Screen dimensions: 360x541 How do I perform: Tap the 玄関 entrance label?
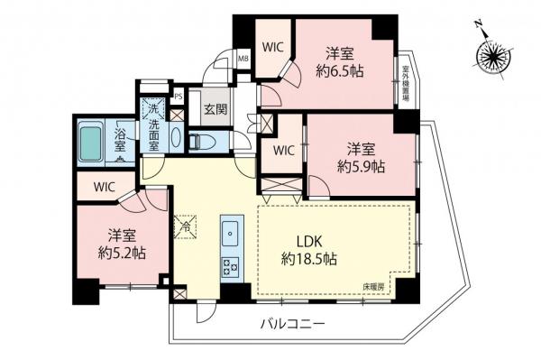click(x=215, y=110)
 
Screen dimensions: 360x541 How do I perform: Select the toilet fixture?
click(x=203, y=141)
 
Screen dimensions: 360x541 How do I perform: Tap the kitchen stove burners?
click(x=229, y=266)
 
